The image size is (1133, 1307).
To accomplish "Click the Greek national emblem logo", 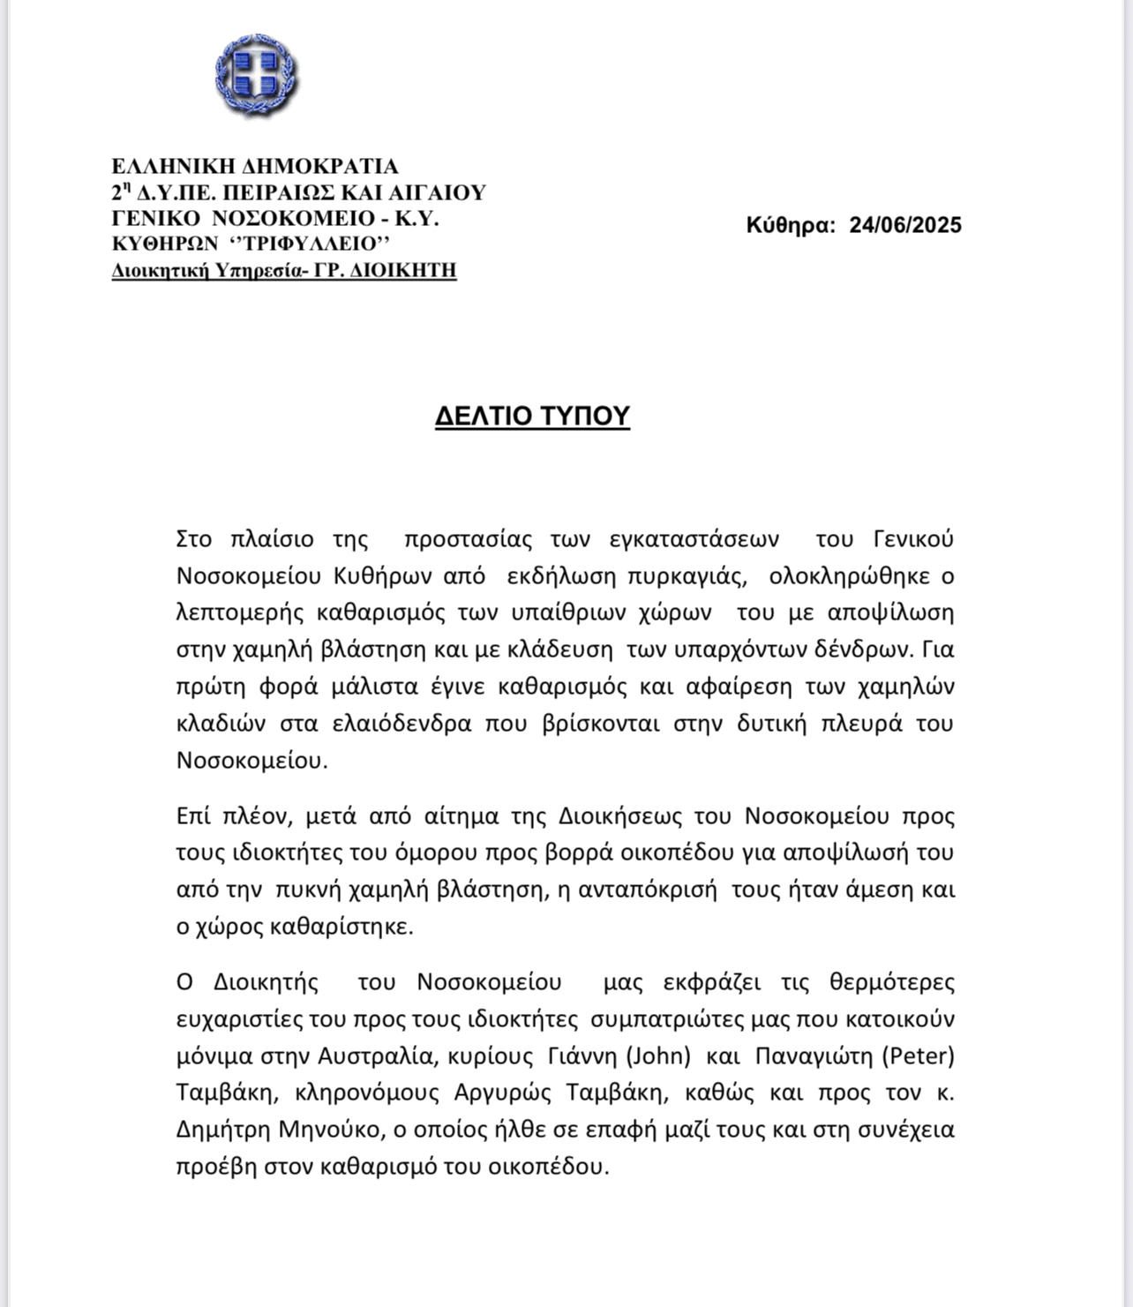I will pyautogui.click(x=255, y=75).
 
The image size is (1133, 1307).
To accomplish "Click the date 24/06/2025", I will pyautogui.click(x=905, y=225).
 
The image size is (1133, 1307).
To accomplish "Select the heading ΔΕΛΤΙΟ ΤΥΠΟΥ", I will pyautogui.click(x=532, y=416).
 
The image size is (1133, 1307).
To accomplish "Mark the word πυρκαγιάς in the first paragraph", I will pyautogui.click(x=687, y=575).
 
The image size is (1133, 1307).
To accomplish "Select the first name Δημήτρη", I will pyautogui.click(x=223, y=1130).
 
